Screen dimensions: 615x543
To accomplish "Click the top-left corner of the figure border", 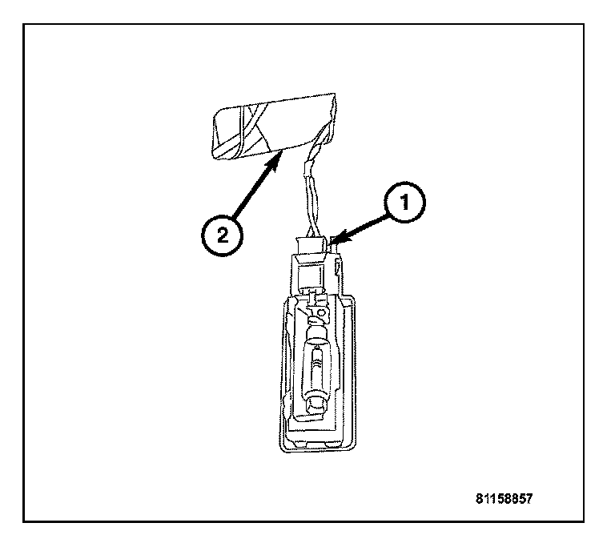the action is click(24, 24).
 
